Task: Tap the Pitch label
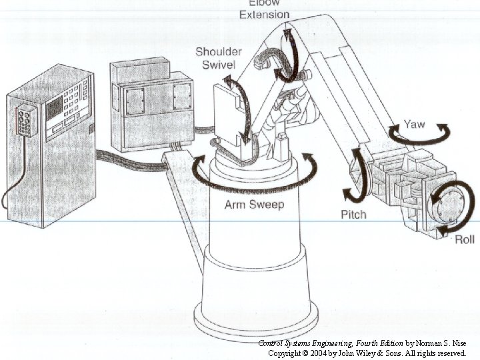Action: (x=353, y=215)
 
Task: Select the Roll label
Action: (x=465, y=240)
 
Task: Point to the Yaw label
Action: (x=414, y=125)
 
